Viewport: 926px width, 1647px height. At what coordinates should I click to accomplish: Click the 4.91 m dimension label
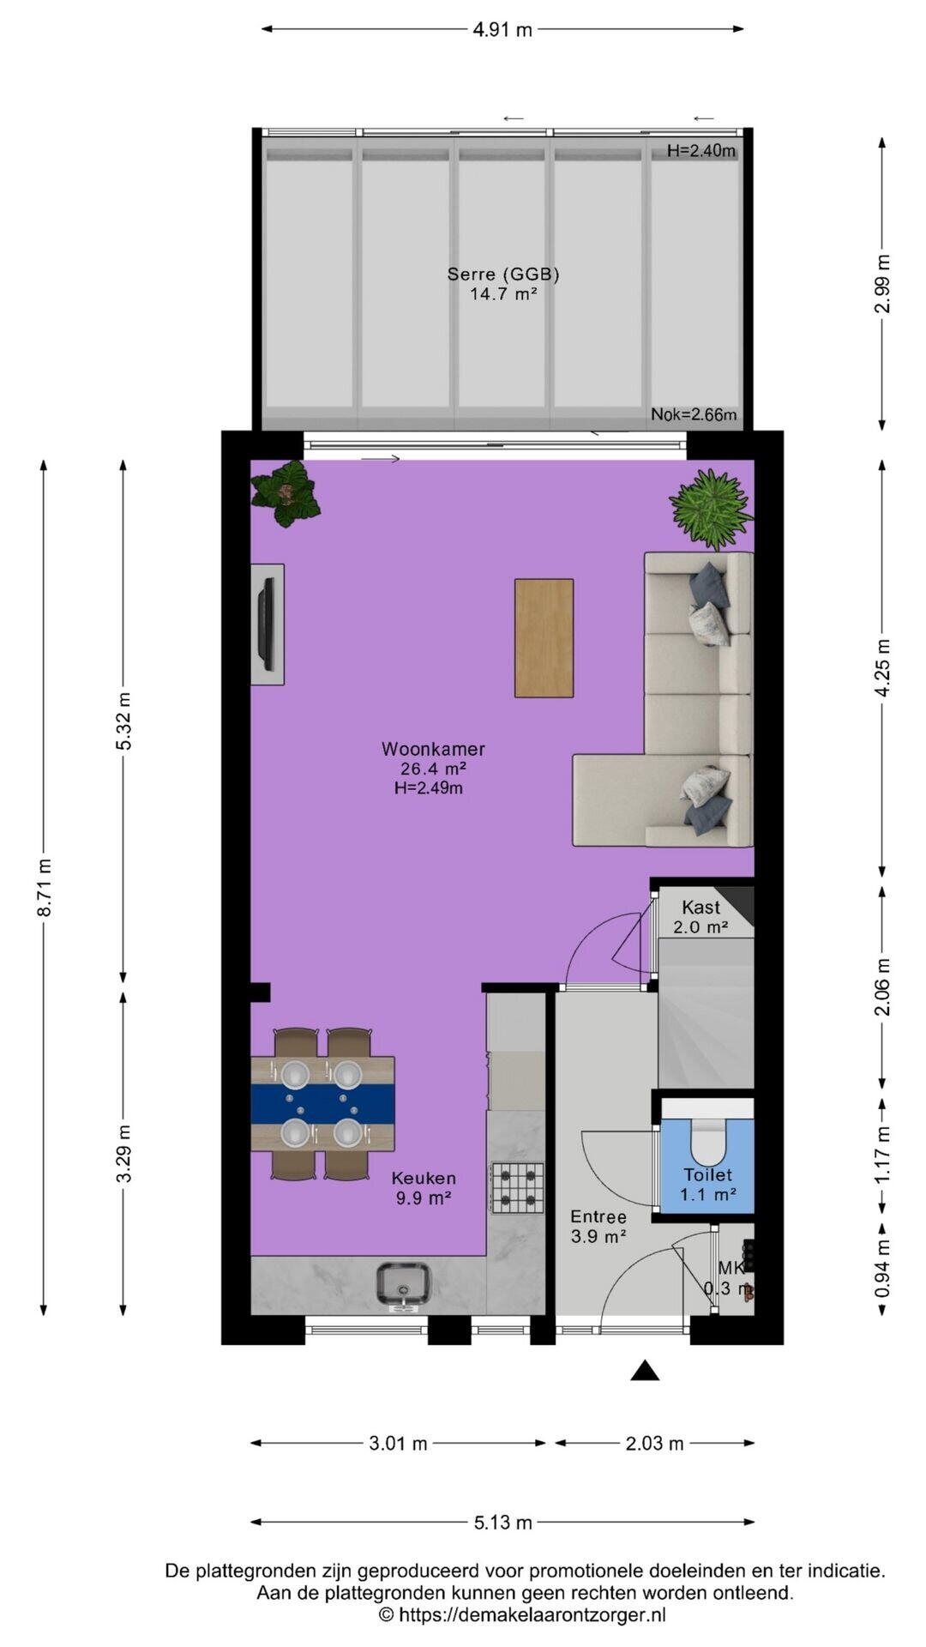click(x=502, y=30)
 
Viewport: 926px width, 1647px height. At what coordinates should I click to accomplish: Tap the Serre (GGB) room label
click(x=503, y=274)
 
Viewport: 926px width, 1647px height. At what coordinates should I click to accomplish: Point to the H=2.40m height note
click(x=701, y=151)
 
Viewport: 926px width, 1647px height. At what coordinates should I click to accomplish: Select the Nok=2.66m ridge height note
click(x=694, y=415)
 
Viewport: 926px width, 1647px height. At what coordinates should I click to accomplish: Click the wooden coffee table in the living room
click(x=544, y=638)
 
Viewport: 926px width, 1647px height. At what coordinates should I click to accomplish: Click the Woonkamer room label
click(x=433, y=749)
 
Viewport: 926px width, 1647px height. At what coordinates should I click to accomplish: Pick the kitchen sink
click(x=404, y=1285)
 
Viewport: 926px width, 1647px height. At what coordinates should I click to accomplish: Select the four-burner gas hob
click(x=517, y=1188)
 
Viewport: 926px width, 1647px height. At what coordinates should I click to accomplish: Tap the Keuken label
click(x=424, y=1179)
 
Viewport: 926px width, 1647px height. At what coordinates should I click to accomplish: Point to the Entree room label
click(x=598, y=1216)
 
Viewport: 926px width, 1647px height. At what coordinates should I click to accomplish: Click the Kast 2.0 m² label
click(x=701, y=917)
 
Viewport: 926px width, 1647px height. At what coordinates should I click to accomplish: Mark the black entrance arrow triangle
click(x=645, y=1371)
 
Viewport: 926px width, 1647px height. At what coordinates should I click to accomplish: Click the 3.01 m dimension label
click(x=398, y=1444)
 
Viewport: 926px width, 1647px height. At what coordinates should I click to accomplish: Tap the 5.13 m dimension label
click(x=502, y=1523)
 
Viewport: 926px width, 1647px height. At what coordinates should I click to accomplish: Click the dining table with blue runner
click(x=322, y=1104)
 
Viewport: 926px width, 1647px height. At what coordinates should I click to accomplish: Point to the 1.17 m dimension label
click(x=883, y=1154)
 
